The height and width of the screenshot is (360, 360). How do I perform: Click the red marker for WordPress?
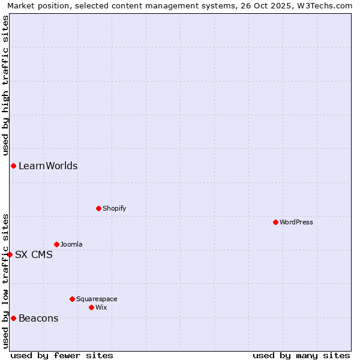275,222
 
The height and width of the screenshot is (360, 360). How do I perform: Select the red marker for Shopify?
98,208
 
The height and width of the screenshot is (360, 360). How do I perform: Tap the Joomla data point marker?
56,244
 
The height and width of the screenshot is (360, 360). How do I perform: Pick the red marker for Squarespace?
72,299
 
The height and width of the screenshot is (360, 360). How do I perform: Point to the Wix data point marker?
91,307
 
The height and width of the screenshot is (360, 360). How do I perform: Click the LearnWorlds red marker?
13,166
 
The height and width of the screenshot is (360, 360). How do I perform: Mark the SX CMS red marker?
10,254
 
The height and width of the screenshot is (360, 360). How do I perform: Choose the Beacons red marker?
13,318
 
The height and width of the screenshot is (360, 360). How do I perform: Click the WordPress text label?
296,222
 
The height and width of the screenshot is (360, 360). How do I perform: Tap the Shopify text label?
115,208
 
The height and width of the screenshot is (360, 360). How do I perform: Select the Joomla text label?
72,244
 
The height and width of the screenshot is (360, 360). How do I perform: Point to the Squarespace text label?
97,299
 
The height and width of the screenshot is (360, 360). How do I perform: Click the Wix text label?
101,307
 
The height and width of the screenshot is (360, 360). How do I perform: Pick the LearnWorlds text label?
48,166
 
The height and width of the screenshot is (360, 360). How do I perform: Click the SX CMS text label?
34,254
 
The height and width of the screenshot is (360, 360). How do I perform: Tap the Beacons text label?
38,318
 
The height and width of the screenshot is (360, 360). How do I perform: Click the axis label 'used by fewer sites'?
62,355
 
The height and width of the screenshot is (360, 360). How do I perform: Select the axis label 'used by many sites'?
301,355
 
